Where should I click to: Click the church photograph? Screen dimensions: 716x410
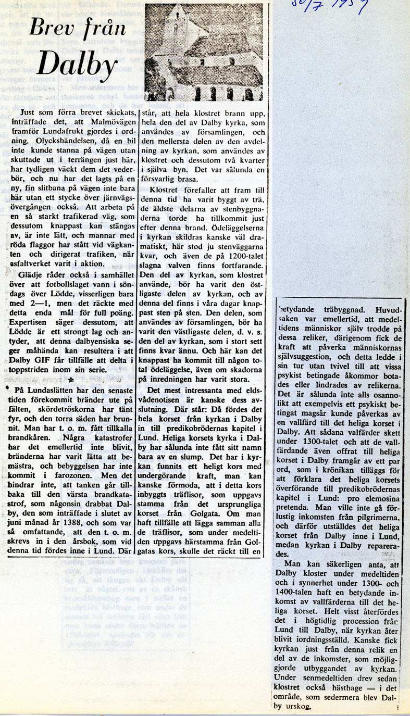click(204, 52)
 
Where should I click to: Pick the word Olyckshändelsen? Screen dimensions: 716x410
click(69, 141)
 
